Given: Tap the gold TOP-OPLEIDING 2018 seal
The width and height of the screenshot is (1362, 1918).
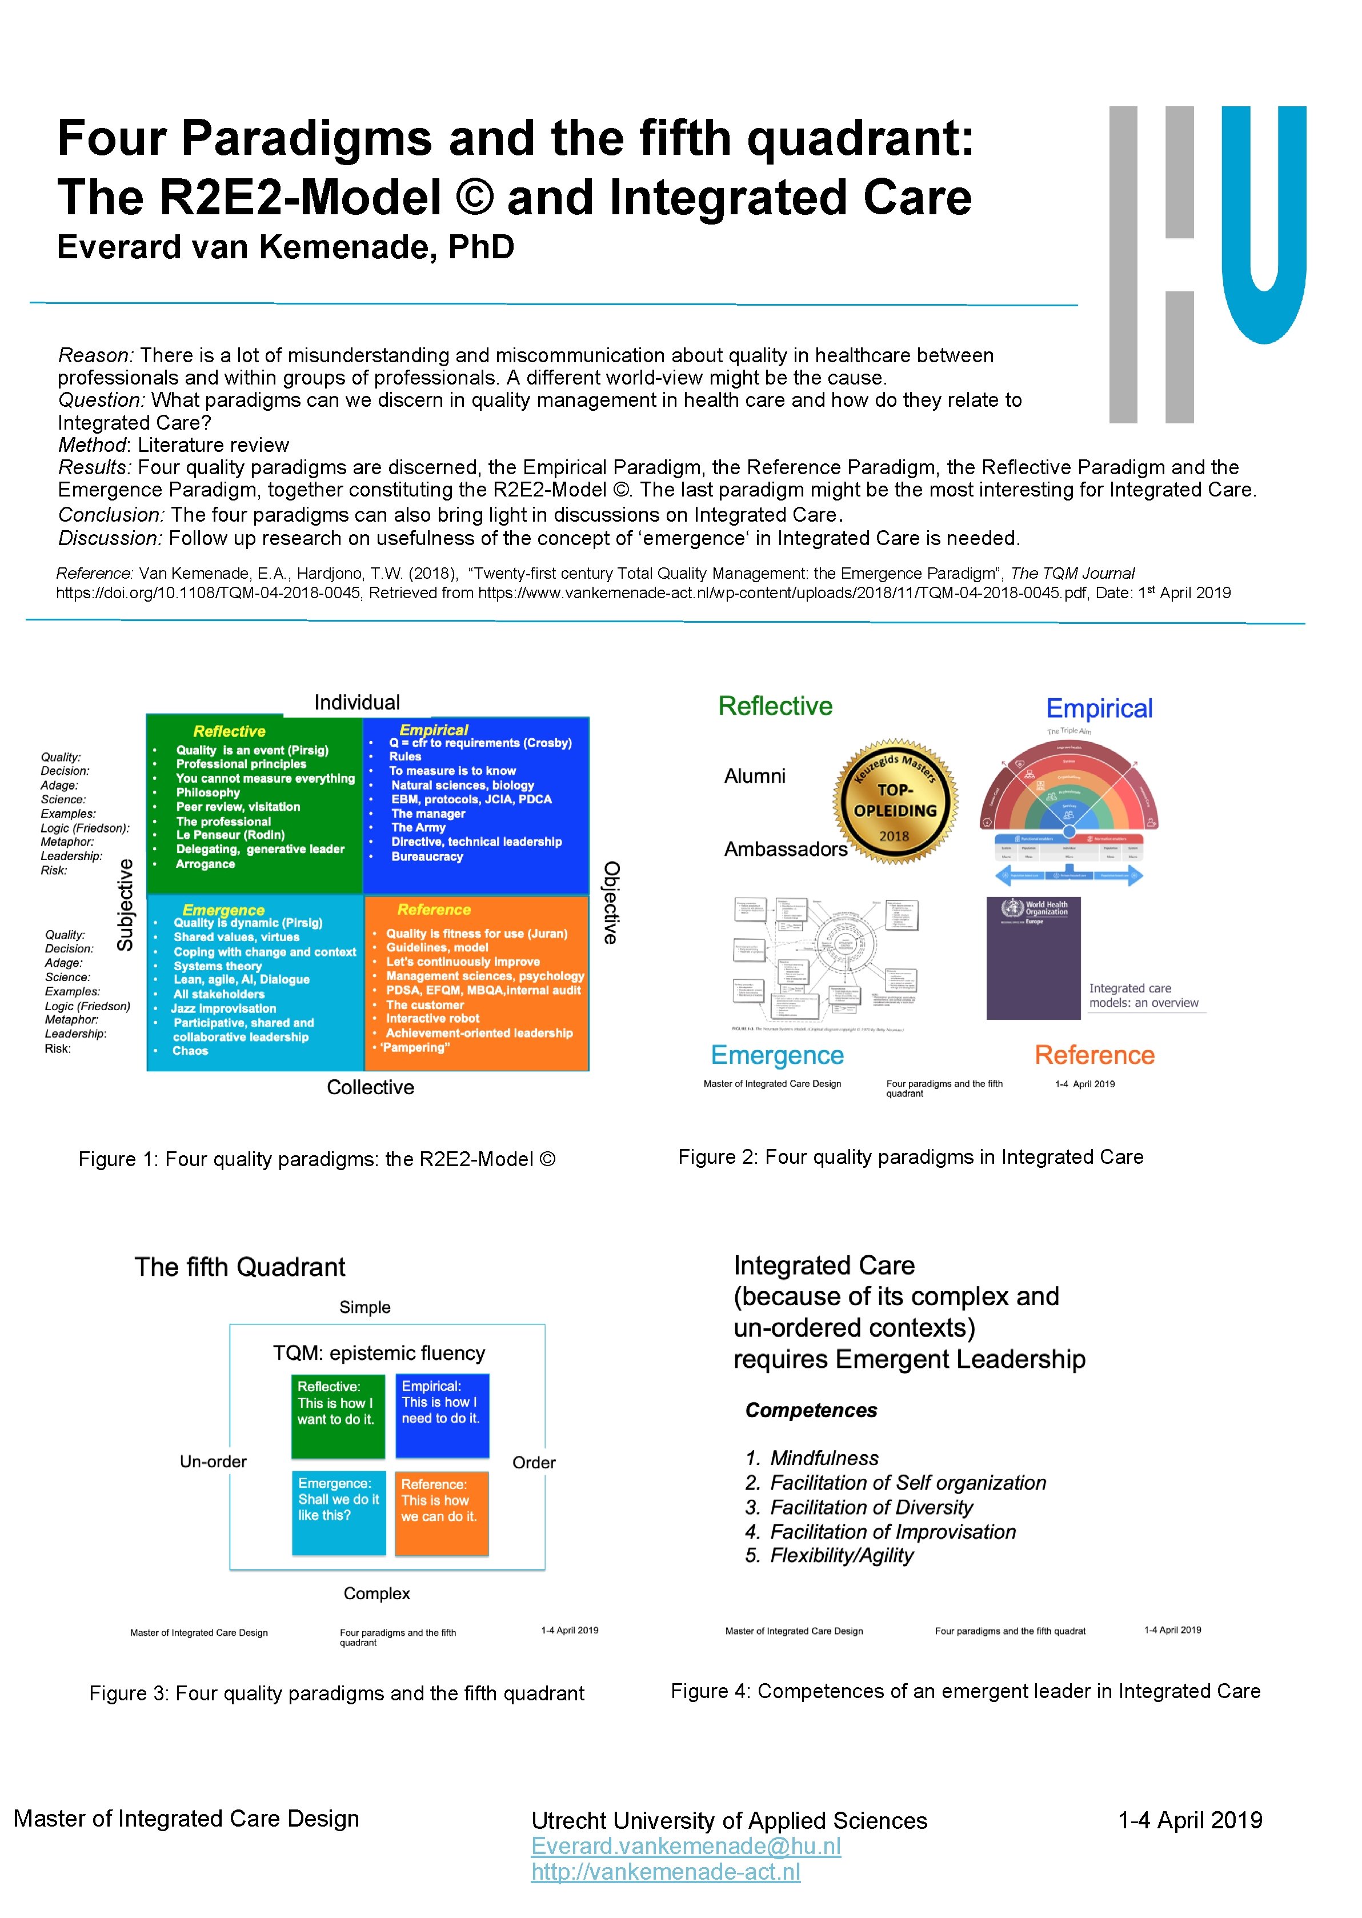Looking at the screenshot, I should [x=895, y=802].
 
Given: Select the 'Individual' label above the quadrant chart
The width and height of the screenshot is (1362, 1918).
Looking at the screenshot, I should [x=356, y=703].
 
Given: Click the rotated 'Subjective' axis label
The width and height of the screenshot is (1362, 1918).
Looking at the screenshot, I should [x=125, y=905].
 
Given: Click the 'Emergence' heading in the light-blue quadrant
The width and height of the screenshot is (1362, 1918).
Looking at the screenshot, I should [x=223, y=910].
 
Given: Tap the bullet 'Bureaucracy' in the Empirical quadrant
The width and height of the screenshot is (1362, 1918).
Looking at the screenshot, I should [x=427, y=856].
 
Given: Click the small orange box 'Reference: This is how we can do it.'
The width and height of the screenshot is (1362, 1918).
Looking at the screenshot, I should [x=441, y=1513].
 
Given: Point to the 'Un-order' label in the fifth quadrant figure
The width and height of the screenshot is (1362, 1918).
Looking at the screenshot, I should [x=213, y=1461].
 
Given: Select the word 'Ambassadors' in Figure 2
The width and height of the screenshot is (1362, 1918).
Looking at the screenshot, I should [x=786, y=850].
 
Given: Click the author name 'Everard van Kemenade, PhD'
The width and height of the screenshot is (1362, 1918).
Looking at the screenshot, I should [x=285, y=247].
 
